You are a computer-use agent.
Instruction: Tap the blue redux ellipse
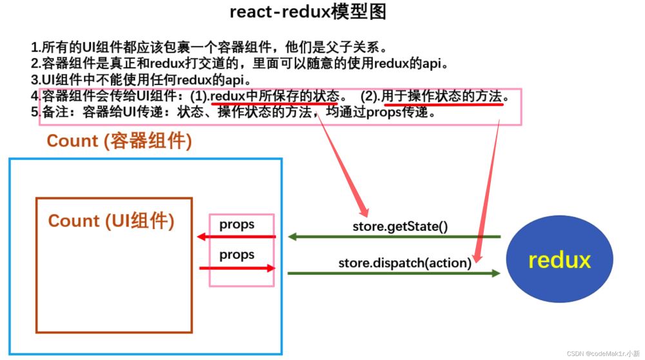point(559,259)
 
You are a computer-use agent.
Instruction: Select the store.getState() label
point(400,226)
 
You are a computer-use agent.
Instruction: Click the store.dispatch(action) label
point(405,263)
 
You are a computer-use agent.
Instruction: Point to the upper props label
point(237,225)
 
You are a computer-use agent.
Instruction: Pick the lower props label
point(237,255)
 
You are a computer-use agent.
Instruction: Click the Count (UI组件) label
point(111,221)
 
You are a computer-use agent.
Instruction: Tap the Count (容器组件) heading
point(119,141)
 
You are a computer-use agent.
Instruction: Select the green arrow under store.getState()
point(394,237)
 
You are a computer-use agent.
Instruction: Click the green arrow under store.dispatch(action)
point(394,274)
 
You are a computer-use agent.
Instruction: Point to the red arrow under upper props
point(236,237)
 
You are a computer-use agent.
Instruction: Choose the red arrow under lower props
point(236,268)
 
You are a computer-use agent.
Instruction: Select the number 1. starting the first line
point(35,47)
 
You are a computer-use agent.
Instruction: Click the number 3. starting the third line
point(35,80)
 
